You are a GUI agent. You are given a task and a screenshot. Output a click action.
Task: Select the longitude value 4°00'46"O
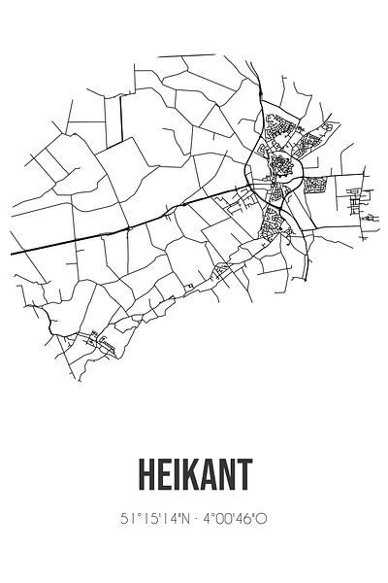pyautogui.click(x=234, y=519)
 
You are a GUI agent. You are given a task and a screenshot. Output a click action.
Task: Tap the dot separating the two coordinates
pyautogui.click(x=197, y=519)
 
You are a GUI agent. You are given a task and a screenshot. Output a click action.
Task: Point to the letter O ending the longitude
pyautogui.click(x=263, y=519)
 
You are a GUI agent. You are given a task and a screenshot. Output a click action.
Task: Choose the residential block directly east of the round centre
pyautogui.click(x=318, y=185)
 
